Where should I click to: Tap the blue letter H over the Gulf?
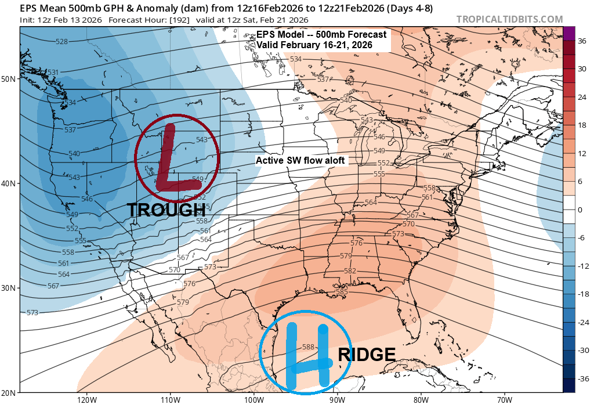308,355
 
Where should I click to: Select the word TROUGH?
162,210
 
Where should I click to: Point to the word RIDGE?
367,355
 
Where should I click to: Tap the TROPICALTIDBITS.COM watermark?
509,19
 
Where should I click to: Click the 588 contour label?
309,347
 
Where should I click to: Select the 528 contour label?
61,41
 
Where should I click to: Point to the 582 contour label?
350,271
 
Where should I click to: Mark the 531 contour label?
53,73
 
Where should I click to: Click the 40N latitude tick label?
10,183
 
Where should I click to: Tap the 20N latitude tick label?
10,392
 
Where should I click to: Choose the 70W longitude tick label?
504,399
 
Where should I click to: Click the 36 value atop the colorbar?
582,41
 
